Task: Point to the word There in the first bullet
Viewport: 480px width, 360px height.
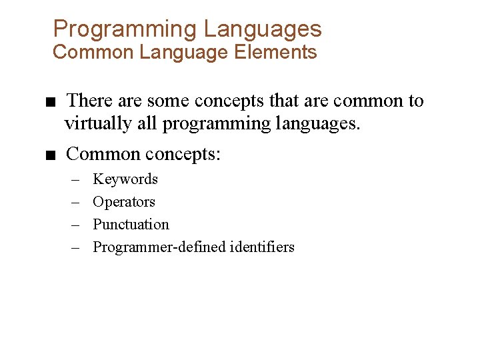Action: click(89, 101)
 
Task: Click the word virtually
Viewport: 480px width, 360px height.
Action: click(99, 123)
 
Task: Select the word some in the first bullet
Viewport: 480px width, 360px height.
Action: click(168, 101)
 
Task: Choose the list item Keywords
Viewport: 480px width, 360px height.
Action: click(125, 179)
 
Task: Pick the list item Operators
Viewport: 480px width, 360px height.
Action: click(124, 202)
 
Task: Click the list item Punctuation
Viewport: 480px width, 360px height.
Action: click(131, 225)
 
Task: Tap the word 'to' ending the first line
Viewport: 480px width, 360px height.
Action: click(415, 101)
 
